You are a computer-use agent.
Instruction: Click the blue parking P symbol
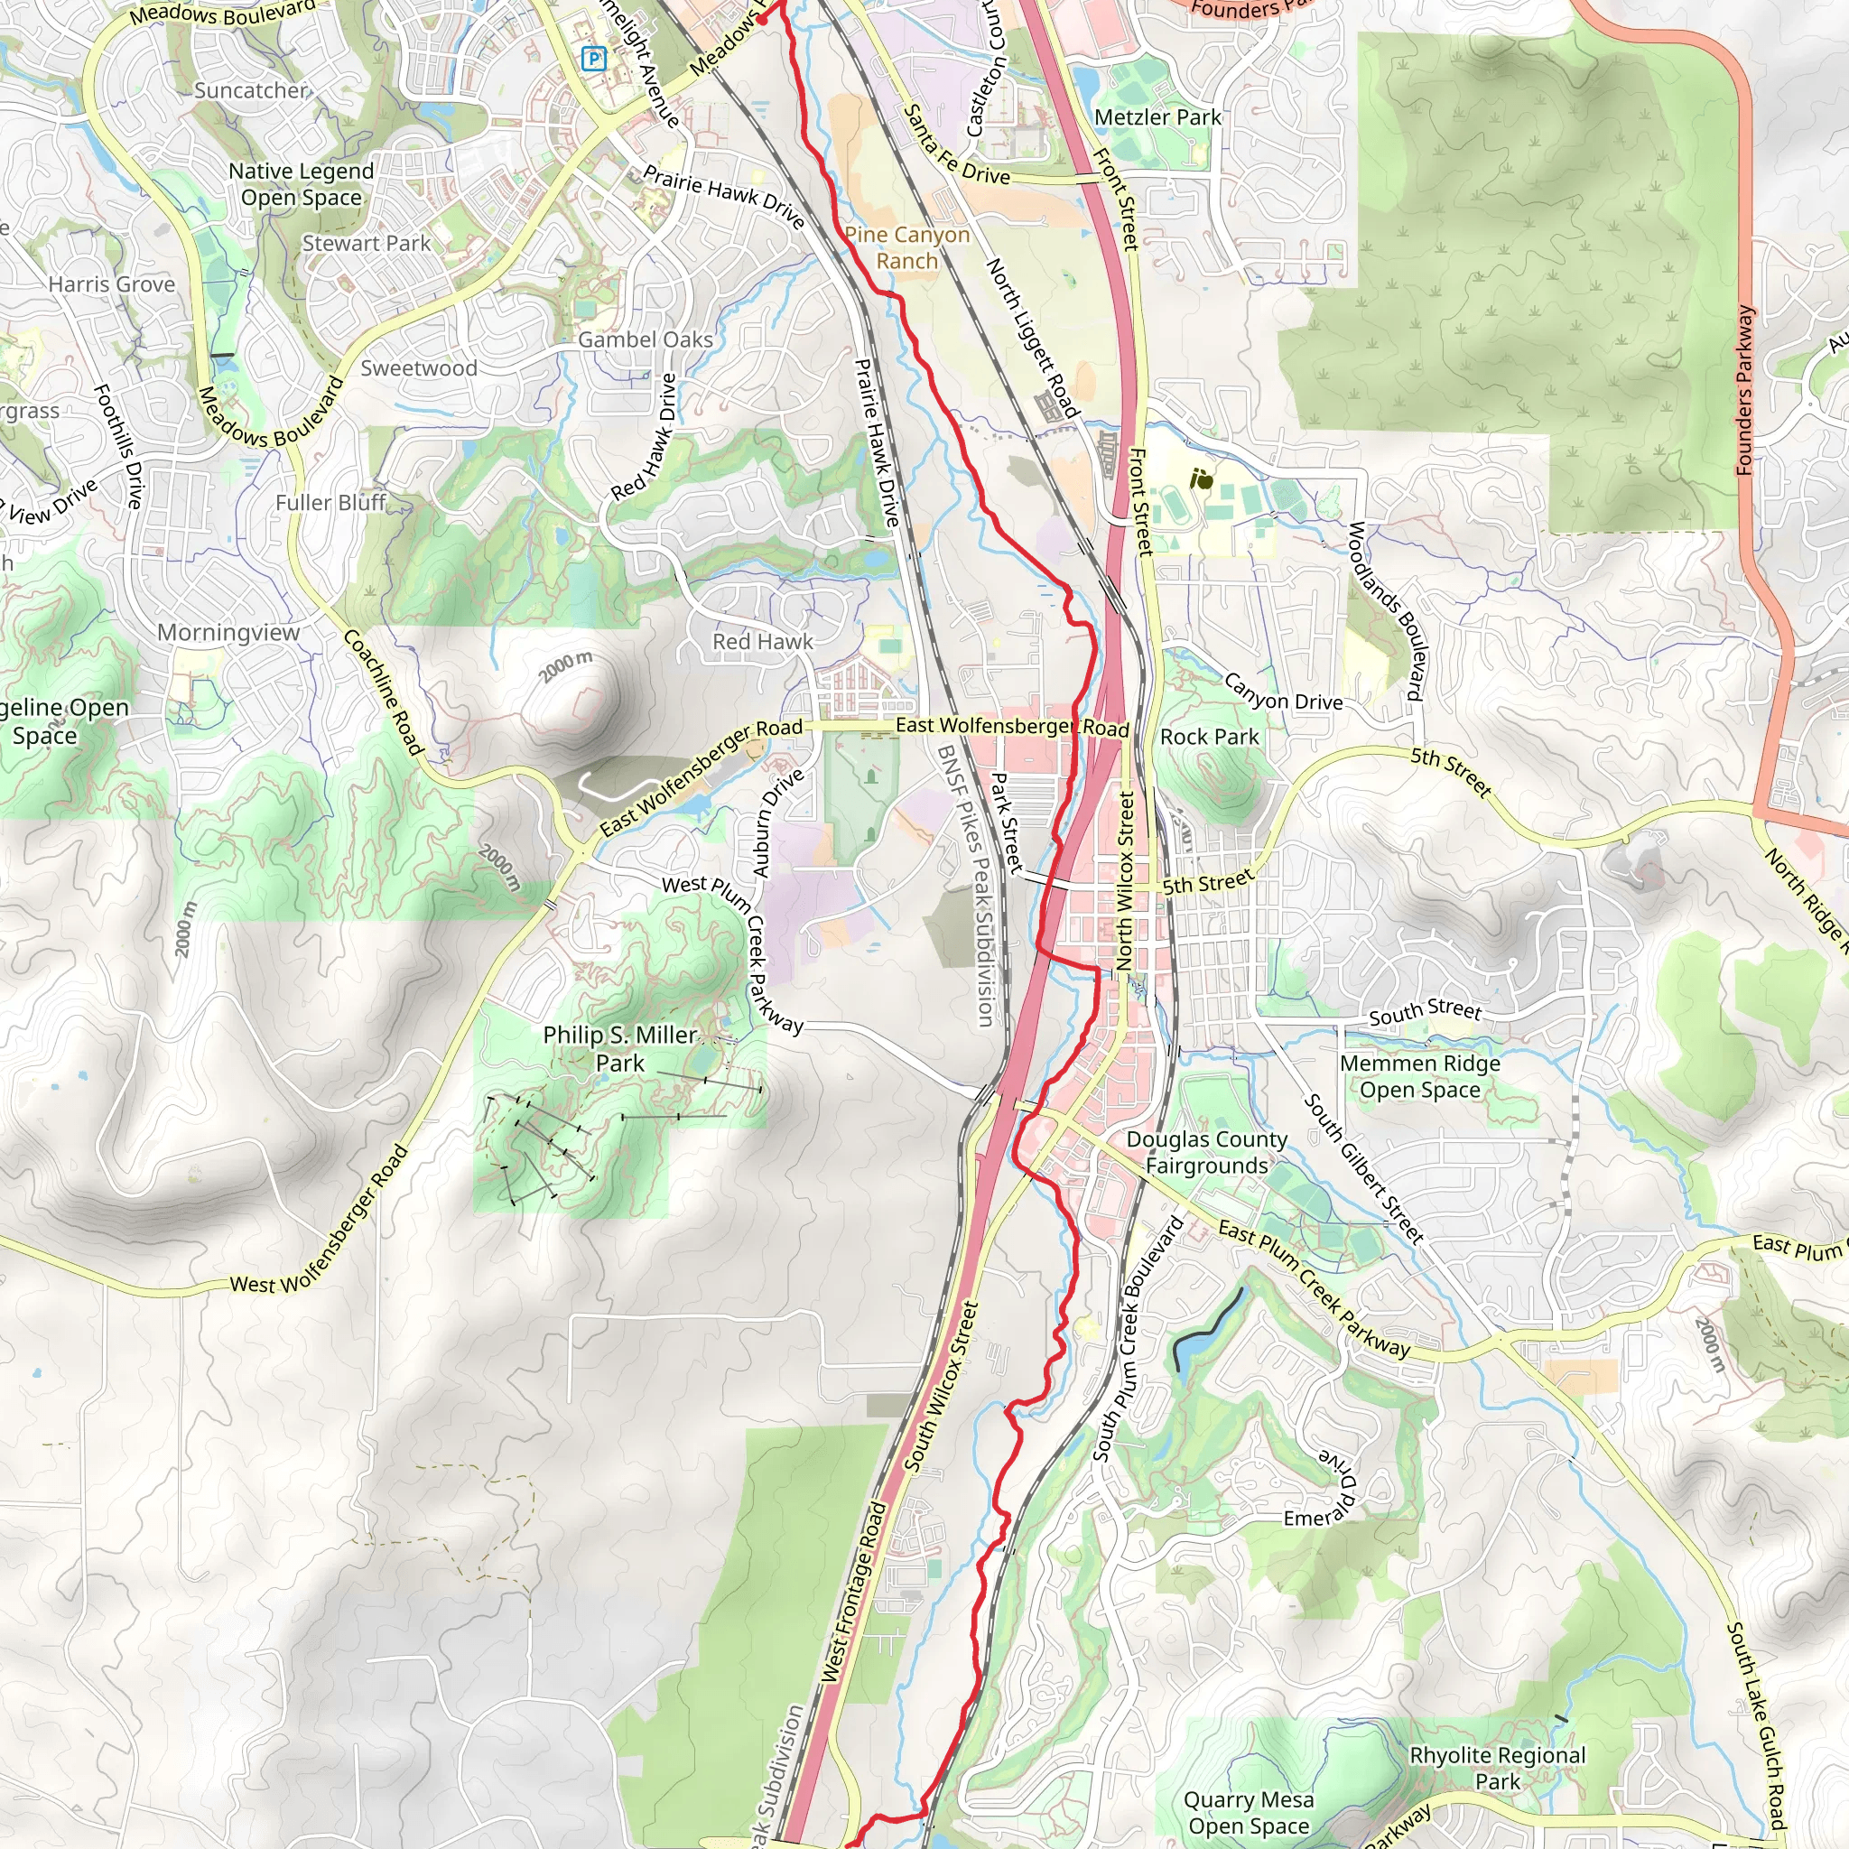(593, 60)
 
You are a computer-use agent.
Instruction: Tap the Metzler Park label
(1157, 117)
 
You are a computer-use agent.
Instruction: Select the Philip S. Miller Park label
(620, 1049)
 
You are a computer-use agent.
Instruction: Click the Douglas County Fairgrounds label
(1206, 1152)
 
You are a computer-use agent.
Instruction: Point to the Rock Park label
(1209, 737)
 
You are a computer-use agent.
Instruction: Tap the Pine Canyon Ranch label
(906, 248)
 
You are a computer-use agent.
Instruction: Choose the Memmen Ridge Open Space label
(1419, 1077)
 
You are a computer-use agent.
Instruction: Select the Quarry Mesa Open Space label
(1248, 1813)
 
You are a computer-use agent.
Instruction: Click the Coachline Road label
(383, 692)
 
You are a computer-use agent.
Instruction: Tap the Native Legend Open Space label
(302, 184)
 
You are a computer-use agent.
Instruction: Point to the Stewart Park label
(367, 244)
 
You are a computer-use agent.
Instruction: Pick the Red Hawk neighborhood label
(763, 642)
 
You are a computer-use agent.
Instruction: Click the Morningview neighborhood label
(228, 633)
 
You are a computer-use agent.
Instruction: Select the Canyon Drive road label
(1284, 692)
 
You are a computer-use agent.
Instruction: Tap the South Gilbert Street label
(1364, 1168)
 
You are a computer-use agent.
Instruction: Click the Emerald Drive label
(1325, 1490)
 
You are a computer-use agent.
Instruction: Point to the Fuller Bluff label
(330, 503)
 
